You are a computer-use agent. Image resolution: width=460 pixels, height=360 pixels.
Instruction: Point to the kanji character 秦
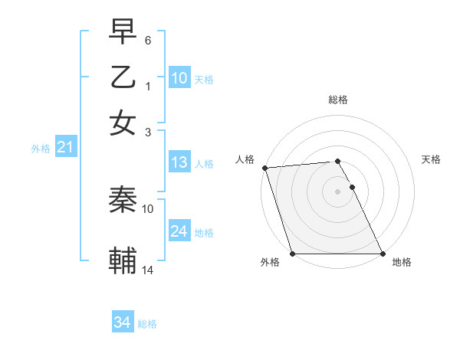coord(123,200)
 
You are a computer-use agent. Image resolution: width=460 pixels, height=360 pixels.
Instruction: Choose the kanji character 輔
coord(123,261)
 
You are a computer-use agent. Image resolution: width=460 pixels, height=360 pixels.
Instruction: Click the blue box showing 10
coord(179,78)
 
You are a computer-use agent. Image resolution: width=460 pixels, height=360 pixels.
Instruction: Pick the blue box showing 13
coord(179,162)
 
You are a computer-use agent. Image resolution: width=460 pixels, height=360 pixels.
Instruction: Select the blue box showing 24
coord(179,231)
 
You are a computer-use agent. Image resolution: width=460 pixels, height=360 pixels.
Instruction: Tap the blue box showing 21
coord(65,147)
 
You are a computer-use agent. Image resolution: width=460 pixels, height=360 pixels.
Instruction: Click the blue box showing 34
coord(122,322)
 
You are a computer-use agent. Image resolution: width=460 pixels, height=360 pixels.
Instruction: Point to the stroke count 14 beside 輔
coord(148,270)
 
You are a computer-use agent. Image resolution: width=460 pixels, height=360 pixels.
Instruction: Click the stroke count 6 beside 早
coord(148,40)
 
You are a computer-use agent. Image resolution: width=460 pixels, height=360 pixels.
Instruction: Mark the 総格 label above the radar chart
coord(337,100)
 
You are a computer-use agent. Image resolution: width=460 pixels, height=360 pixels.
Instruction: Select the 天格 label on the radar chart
coord(431,159)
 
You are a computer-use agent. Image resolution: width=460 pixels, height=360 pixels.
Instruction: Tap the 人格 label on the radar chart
coord(245,159)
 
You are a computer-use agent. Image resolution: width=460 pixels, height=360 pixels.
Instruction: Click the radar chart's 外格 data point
coord(292,254)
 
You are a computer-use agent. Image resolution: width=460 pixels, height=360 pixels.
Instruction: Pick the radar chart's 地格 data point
coord(383,254)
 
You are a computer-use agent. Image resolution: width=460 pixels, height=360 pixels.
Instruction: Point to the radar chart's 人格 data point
coord(264,168)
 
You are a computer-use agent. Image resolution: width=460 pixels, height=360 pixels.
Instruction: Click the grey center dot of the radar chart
coord(337,191)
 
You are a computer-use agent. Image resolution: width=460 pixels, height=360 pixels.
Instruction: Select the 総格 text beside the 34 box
coord(147,324)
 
